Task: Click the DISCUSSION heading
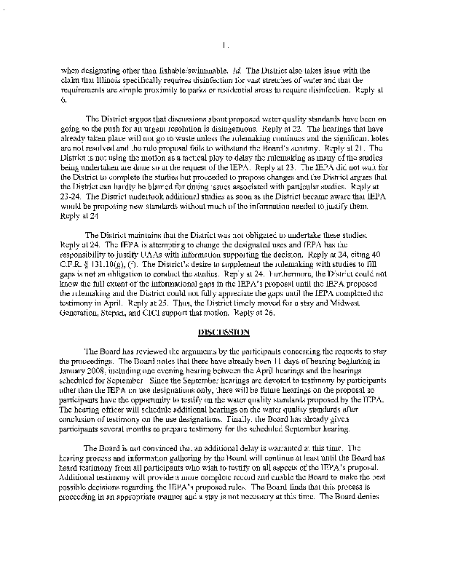click(x=224, y=332)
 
